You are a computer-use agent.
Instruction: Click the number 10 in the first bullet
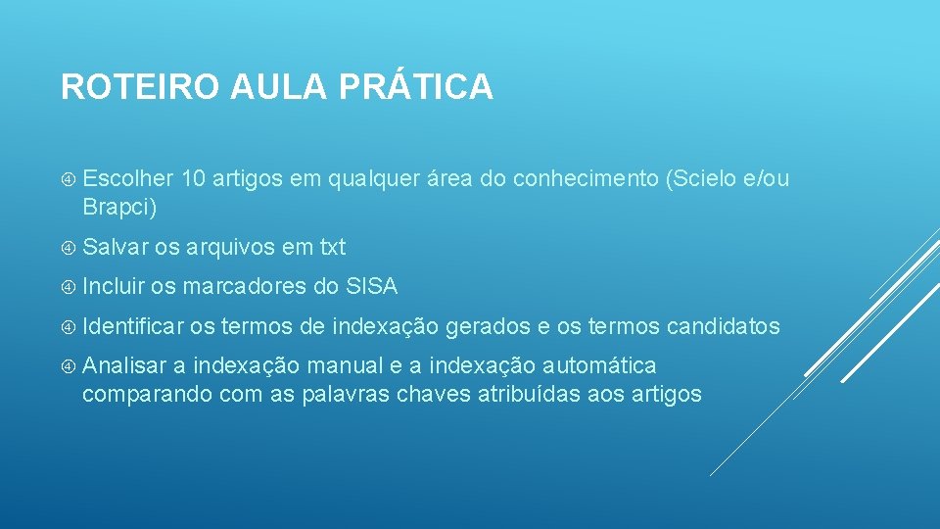193,179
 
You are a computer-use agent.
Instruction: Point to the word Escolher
127,179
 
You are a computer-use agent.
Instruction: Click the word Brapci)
119,208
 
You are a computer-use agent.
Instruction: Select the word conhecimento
585,179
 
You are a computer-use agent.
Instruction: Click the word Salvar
116,248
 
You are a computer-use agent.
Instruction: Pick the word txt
333,248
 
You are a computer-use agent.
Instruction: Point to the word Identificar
133,326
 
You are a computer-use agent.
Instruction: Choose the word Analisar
124,365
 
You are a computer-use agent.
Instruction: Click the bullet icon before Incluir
69,287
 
